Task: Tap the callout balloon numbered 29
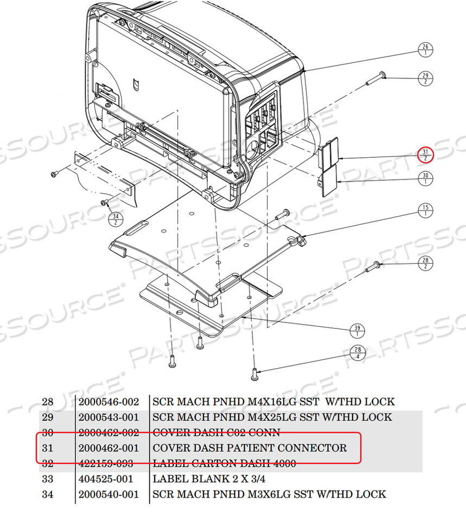(425, 78)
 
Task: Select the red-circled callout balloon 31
(425, 154)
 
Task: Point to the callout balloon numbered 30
(425, 179)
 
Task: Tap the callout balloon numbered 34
(116, 218)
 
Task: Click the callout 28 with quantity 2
(425, 263)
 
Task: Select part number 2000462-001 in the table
(108, 448)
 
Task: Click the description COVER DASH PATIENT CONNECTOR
(250, 448)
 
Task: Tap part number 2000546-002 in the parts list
(108, 402)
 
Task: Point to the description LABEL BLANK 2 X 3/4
(208, 479)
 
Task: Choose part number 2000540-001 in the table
(108, 494)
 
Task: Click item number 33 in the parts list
(48, 479)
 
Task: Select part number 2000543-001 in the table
(108, 417)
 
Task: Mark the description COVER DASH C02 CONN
(216, 433)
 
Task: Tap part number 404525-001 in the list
(105, 479)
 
